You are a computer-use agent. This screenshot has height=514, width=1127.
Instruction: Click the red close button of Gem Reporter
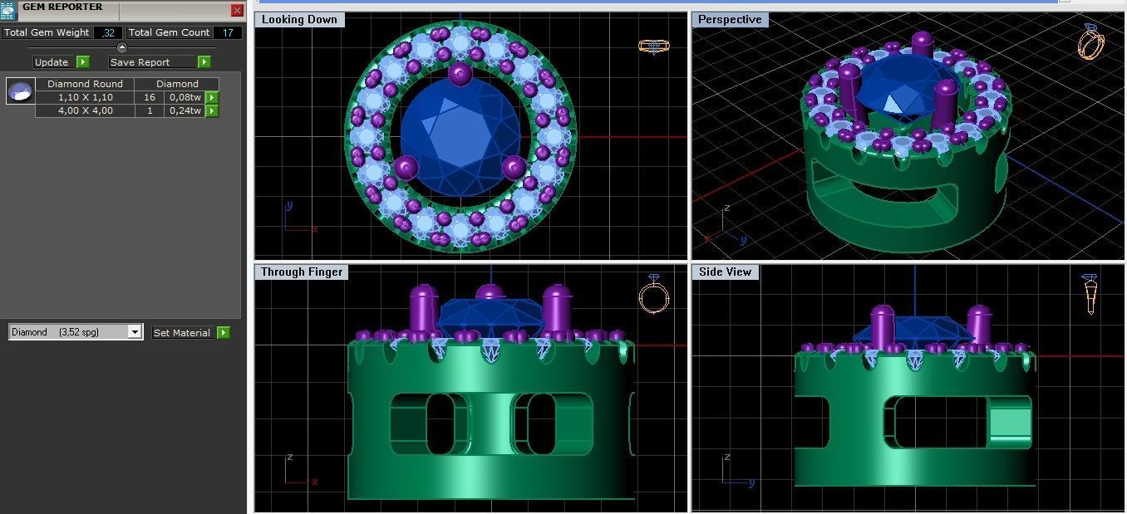point(237,11)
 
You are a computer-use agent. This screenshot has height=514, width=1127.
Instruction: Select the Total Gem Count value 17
point(227,32)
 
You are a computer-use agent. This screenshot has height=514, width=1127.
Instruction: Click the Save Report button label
point(140,62)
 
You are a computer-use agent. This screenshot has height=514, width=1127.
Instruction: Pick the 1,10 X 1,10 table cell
point(85,97)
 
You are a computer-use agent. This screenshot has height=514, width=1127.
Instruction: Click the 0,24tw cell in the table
point(185,110)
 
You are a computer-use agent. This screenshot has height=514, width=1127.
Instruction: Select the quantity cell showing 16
point(150,97)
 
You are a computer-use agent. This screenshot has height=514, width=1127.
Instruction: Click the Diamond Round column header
point(85,84)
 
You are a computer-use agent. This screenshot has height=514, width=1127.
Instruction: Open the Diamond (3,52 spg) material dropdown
point(134,332)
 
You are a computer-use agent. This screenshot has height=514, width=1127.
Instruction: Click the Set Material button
point(182,332)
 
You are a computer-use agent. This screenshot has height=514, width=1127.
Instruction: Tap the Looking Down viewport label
point(299,19)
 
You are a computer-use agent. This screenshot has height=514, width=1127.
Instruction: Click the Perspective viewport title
point(730,19)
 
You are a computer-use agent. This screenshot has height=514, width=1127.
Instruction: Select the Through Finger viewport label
point(301,272)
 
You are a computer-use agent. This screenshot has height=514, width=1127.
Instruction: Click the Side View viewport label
point(725,272)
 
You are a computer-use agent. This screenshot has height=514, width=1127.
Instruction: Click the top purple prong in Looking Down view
point(460,73)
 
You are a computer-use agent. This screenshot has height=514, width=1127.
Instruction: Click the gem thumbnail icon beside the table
point(21,91)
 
